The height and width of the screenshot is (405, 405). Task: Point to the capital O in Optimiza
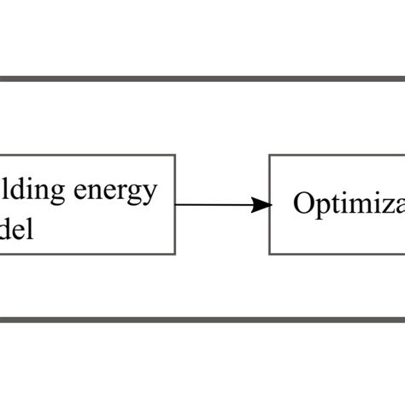click(304, 204)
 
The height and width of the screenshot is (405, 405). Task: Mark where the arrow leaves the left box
click(177, 204)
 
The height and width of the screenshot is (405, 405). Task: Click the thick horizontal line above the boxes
click(202, 79)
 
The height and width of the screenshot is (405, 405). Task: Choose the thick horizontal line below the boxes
click(202, 320)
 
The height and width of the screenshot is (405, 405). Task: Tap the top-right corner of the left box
click(175, 156)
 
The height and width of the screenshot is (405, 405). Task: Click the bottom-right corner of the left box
click(175, 254)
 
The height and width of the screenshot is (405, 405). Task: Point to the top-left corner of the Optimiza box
click(270, 156)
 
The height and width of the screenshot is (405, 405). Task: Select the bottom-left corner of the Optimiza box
click(270, 254)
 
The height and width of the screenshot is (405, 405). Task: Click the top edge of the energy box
click(85, 156)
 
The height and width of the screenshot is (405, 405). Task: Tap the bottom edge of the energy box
click(85, 254)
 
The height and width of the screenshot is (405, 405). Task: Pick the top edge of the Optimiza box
click(342, 156)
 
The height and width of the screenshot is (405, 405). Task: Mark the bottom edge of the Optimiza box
click(342, 254)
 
